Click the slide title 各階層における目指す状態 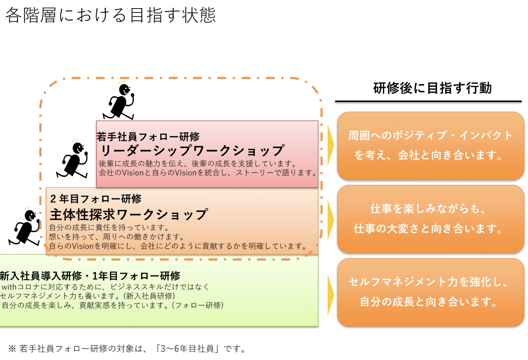(110, 16)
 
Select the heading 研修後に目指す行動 (432, 88)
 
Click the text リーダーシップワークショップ (192, 151)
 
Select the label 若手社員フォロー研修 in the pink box (148, 137)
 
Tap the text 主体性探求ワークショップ (129, 214)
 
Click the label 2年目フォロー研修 (96, 199)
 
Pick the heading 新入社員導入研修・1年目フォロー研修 (90, 276)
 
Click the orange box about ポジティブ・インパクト (430, 145)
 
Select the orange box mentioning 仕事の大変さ (430, 219)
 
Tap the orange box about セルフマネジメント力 (430, 292)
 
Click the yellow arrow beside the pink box (330, 145)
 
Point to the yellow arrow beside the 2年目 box (330, 220)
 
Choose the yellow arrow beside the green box (330, 295)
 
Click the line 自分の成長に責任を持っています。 (109, 227)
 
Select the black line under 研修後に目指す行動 (428, 101)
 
